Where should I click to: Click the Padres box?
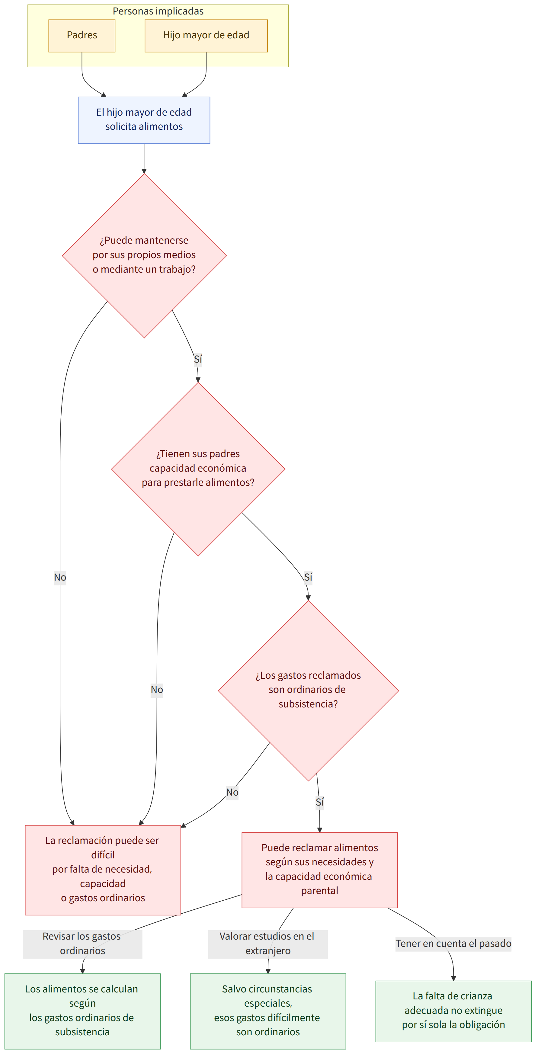(x=82, y=36)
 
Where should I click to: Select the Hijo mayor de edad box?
(x=206, y=36)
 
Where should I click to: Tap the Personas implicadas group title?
(x=158, y=11)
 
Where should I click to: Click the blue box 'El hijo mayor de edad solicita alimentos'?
(x=144, y=120)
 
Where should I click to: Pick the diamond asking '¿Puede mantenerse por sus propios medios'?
(x=144, y=256)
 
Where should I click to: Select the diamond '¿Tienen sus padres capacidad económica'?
(x=198, y=469)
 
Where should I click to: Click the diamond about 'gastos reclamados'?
(x=309, y=690)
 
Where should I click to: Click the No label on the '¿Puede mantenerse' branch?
(x=60, y=577)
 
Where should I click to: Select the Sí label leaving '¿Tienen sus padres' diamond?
(x=308, y=577)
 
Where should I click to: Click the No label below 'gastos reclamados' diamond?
(x=232, y=792)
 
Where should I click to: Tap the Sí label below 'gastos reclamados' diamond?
(x=320, y=802)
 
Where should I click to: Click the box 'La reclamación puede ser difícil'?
(x=103, y=870)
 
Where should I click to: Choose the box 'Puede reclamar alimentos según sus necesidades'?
(x=320, y=870)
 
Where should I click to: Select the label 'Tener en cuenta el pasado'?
(x=453, y=944)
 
